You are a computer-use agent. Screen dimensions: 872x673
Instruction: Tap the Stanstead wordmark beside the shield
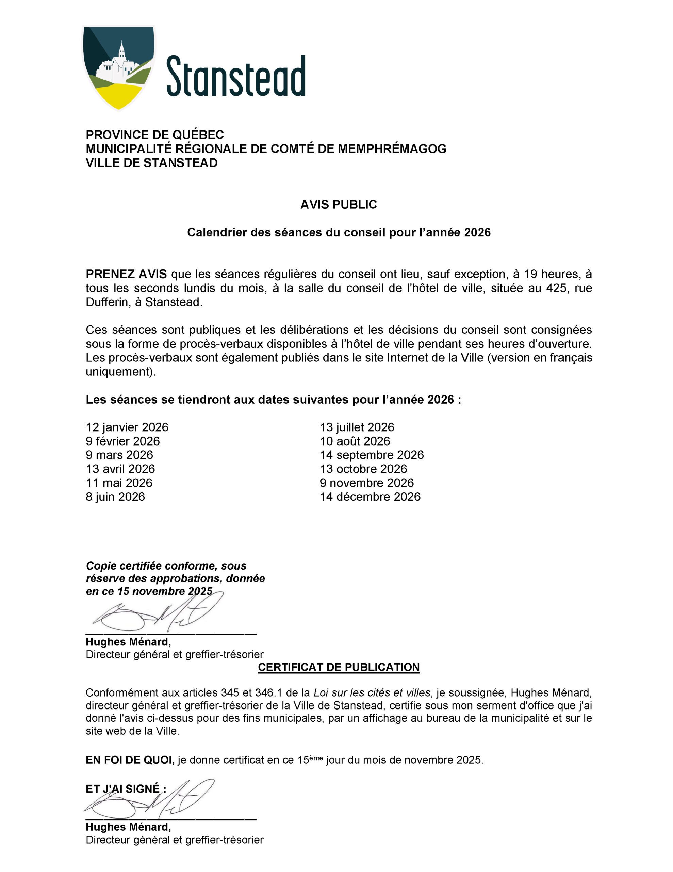tap(236, 76)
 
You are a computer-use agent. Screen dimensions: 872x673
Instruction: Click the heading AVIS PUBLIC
tap(338, 204)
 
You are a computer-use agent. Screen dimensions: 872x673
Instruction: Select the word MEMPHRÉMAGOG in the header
tap(392, 149)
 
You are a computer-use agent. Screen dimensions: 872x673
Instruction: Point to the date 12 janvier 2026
tap(127, 427)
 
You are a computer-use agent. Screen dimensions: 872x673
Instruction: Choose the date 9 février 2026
tap(122, 441)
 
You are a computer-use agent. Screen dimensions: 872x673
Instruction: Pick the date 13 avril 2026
tap(120, 469)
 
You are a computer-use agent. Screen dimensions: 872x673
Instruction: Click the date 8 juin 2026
tap(115, 497)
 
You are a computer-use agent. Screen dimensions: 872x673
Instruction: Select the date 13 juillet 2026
tap(357, 427)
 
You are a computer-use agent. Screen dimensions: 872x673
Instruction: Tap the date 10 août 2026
tap(355, 441)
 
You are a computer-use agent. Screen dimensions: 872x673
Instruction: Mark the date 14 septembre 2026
tap(372, 455)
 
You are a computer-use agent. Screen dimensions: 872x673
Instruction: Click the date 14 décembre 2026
tap(370, 497)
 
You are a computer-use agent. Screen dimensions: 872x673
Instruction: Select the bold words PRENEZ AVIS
tap(126, 274)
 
